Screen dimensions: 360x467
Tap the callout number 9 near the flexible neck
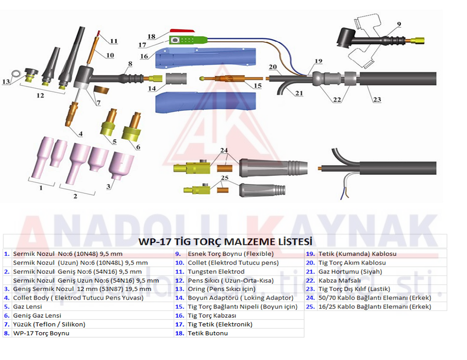pos(399,24)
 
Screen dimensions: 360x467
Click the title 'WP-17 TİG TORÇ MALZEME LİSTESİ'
pos(225,241)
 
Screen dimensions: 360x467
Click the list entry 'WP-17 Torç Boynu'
pos(41,333)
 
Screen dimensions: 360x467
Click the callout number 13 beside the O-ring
pos(6,81)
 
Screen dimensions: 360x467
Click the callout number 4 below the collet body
pos(80,134)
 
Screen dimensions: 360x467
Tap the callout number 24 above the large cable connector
pos(223,151)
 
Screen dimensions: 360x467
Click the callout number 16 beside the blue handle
pos(144,56)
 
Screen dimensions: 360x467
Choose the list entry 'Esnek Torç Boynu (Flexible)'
pos(230,254)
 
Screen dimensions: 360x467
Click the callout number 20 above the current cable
pos(273,67)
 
